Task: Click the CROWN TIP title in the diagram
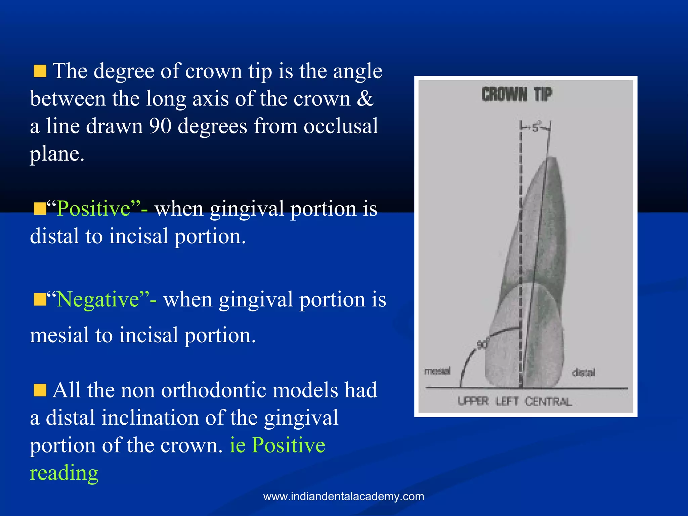pos(517,94)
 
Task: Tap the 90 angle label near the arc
pos(482,345)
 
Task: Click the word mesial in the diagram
pos(437,371)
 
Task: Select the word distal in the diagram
pos(584,373)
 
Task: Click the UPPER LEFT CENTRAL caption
pos(515,401)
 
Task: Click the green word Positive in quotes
pos(93,209)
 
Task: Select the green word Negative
pos(98,299)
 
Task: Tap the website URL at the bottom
pos(344,496)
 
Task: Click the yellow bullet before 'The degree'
pos(40,72)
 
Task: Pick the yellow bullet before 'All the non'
pos(40,391)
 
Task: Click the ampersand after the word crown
pos(365,99)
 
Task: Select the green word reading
pos(64,473)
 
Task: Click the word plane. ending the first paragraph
pos(57,154)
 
